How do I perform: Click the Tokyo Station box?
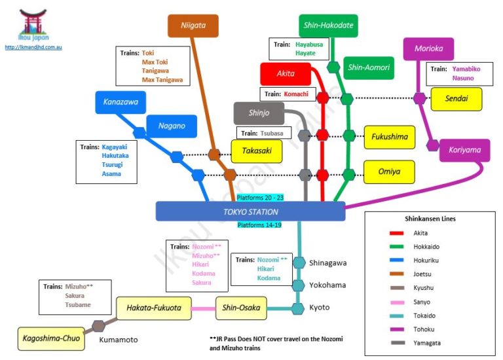[250, 211]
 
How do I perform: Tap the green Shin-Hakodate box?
[328, 26]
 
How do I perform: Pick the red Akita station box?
[285, 74]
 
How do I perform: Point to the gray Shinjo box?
[260, 113]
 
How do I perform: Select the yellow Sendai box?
[456, 99]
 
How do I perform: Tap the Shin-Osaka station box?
[242, 308]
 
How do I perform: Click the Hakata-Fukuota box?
[154, 307]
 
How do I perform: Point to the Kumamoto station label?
[119, 340]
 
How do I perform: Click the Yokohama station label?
[327, 285]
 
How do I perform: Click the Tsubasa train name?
[272, 134]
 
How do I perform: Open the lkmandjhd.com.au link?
[33, 47]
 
